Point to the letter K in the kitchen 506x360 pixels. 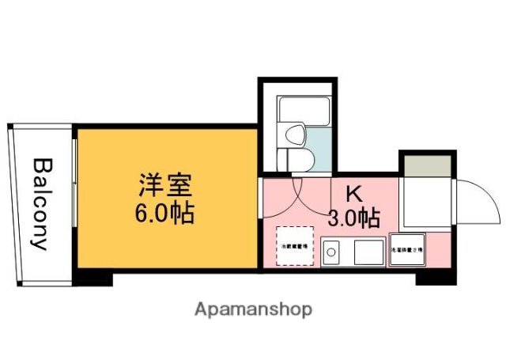[x=353, y=192]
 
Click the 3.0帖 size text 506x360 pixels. [x=353, y=216]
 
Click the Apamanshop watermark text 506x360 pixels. [x=253, y=309]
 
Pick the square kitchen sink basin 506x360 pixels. [x=368, y=252]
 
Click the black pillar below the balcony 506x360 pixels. [x=93, y=279]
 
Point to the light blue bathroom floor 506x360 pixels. [x=320, y=146]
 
